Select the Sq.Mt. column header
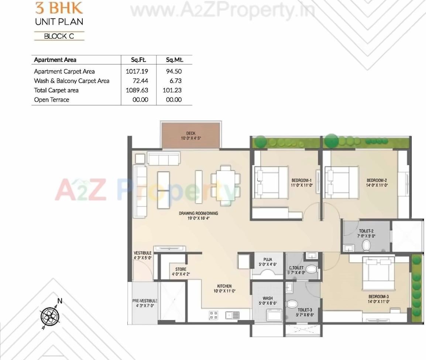pyautogui.click(x=174, y=60)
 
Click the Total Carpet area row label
pyautogui.click(x=56, y=90)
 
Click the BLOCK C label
pyautogui.click(x=59, y=36)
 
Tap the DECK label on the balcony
pyautogui.click(x=191, y=133)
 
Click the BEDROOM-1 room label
pyautogui.click(x=302, y=180)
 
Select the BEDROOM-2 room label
pyautogui.click(x=377, y=180)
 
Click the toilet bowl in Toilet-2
pyautogui.click(x=366, y=245)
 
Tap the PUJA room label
pyautogui.click(x=268, y=260)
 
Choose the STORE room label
pyautogui.click(x=181, y=269)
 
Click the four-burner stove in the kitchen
pyautogui.click(x=213, y=315)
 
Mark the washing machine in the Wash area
pyautogui.click(x=274, y=316)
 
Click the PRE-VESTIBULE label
pyautogui.click(x=144, y=301)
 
